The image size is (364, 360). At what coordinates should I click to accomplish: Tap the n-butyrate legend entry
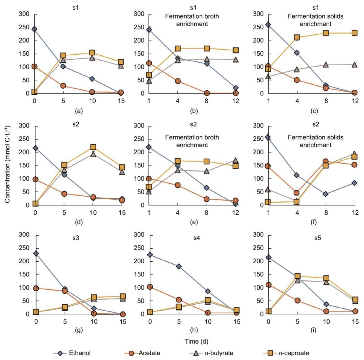[x=211, y=353]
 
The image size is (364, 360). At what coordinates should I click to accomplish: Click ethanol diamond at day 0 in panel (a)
[x=34, y=29]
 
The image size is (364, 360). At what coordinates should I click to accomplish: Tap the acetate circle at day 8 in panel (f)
[x=326, y=161]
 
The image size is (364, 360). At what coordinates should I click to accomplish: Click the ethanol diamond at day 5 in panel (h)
[x=179, y=266]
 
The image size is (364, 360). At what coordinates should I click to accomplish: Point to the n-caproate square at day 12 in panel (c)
[x=355, y=33]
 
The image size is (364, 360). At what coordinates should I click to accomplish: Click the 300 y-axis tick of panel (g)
[x=26, y=235]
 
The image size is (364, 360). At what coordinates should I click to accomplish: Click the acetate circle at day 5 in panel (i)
[x=297, y=300]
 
